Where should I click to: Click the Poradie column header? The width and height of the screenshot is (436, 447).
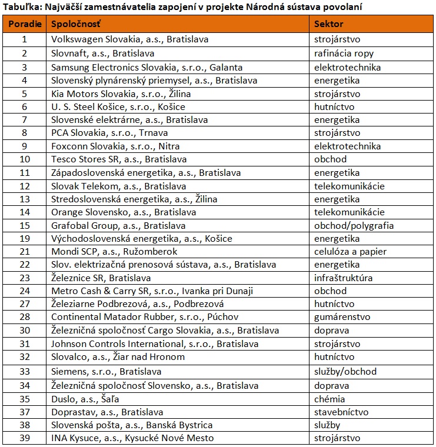click(x=24, y=25)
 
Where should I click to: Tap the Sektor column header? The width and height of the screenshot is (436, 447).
click(x=329, y=25)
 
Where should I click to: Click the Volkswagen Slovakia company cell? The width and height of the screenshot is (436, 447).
click(x=129, y=39)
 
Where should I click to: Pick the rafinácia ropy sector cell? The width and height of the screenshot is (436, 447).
click(x=344, y=53)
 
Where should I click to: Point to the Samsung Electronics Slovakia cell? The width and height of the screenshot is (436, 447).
click(x=138, y=66)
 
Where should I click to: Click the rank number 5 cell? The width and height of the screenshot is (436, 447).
click(x=24, y=93)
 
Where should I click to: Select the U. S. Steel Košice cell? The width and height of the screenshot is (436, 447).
click(x=118, y=106)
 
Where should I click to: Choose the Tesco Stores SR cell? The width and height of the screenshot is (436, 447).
click(x=119, y=159)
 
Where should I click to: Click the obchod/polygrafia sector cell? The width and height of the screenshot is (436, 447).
click(x=354, y=225)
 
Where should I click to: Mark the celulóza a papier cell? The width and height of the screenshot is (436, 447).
click(x=350, y=251)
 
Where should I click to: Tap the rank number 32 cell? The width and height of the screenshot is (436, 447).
click(x=24, y=357)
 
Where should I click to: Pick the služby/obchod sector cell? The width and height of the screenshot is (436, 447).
click(x=345, y=371)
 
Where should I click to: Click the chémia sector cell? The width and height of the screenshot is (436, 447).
click(x=330, y=398)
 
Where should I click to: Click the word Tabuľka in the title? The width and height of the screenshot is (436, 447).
click(x=21, y=7)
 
